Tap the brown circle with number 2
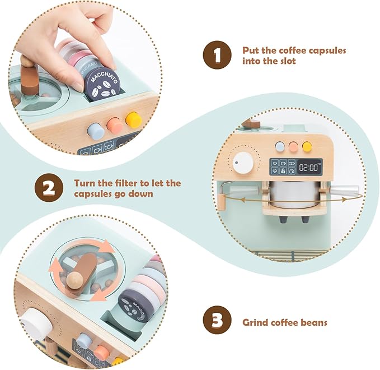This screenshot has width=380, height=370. (49, 189)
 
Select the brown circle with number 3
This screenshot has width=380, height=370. (217, 322)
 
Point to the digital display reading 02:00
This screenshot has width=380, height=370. (309, 166)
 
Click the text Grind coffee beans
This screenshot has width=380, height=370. (284, 323)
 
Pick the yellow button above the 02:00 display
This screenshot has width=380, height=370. (307, 147)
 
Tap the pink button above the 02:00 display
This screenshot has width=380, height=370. (293, 147)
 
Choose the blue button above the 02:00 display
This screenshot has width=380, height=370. (280, 147)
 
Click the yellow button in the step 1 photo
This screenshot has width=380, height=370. (133, 119)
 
